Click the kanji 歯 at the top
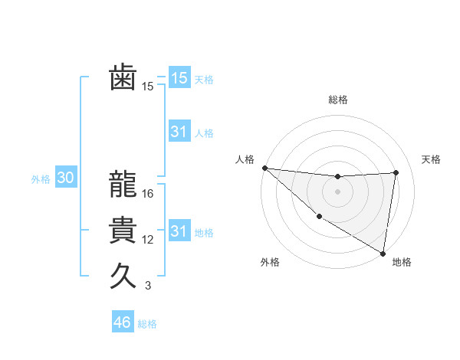pos(123,77)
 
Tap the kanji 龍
pos(123,185)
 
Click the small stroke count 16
pos(148,194)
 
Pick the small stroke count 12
pos(148,240)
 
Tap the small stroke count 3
pos(148,286)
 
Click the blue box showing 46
pos(123,322)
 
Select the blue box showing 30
pos(65,178)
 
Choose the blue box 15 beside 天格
pos(179,77)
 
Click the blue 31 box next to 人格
pos(179,132)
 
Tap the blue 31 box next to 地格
pos(179,231)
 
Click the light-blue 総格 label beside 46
pos(147,324)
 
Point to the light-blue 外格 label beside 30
pos(41,179)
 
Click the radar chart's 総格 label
pos(338,100)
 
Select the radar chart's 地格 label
pos(402,263)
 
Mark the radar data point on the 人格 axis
pos(264,168)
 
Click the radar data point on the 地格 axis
pos(383,253)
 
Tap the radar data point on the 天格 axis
pos(396,172)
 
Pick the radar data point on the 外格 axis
pos(319,216)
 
